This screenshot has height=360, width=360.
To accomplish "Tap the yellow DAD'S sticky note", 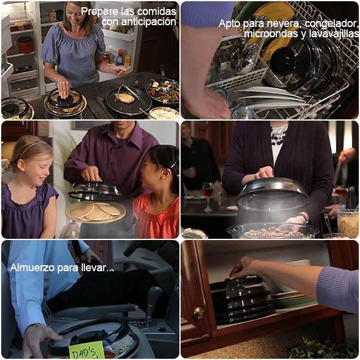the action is pyautogui.click(x=86, y=350).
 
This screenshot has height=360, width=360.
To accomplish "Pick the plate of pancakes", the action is pyautogui.click(x=95, y=212).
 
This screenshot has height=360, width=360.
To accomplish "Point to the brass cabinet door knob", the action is pyautogui.click(x=199, y=313).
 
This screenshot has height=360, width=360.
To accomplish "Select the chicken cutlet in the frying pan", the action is pyautogui.click(x=125, y=98).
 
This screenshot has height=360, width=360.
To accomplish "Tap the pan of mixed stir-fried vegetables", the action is pyautogui.click(x=163, y=91).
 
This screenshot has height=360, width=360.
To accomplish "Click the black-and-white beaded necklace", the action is pyautogui.click(x=278, y=136).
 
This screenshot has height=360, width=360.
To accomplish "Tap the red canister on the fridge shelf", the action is pyautogui.click(x=25, y=45).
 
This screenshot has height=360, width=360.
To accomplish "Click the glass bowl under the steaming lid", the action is pyautogui.click(x=272, y=230).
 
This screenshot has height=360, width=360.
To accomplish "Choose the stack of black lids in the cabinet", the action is pyautogui.click(x=242, y=301).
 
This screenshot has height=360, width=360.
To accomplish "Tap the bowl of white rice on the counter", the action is pyautogui.click(x=163, y=113).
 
